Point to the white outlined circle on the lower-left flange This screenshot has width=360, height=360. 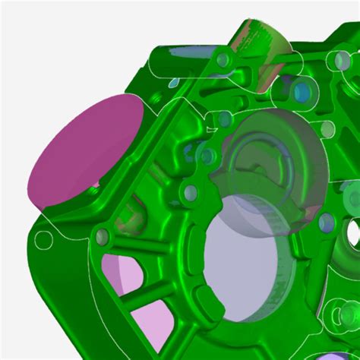click(45, 241)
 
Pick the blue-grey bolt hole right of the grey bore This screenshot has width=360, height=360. click(327, 222)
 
